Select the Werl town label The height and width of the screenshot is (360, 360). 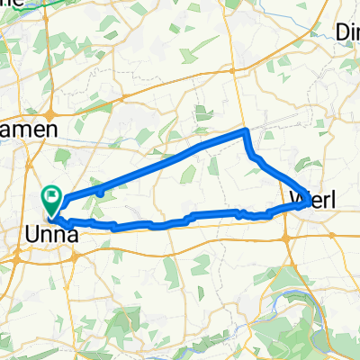click(312, 199)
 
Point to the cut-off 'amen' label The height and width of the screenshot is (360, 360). click(29, 130)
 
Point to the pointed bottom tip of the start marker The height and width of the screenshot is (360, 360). click(52, 215)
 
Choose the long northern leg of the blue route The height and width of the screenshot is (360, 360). click(162, 162)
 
